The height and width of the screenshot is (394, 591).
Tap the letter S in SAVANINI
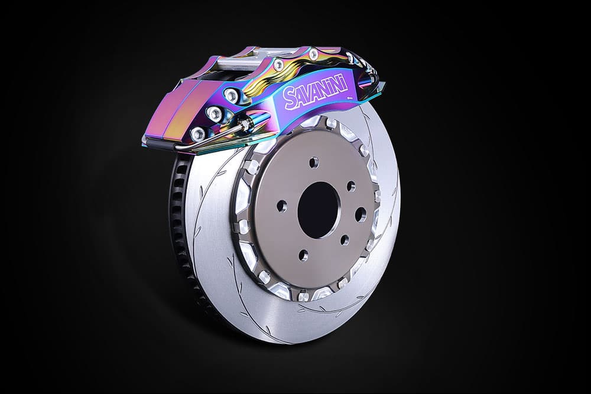290,98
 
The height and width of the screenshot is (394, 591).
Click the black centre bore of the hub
319,210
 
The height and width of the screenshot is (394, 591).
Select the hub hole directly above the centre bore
314,163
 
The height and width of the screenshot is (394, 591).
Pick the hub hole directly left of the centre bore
282,206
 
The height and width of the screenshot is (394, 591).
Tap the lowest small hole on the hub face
303,255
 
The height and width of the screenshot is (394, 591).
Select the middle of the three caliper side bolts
215,112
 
